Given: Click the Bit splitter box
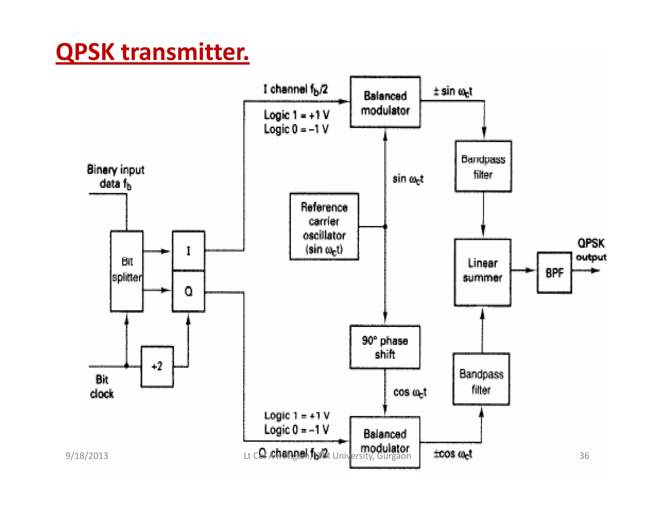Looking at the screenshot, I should click(x=127, y=271).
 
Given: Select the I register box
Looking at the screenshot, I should click(x=188, y=251).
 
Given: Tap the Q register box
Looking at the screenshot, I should click(x=188, y=291).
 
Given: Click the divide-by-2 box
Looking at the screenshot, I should click(x=157, y=367).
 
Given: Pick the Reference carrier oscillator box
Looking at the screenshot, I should click(x=324, y=226).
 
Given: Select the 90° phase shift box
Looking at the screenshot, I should click(x=385, y=347).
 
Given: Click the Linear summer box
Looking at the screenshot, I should click(x=482, y=272).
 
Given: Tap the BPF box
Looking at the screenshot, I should click(x=554, y=273).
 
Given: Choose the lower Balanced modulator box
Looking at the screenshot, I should click(x=385, y=442).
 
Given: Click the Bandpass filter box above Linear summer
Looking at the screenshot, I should click(x=483, y=166).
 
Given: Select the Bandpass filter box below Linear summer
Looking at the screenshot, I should click(x=481, y=379).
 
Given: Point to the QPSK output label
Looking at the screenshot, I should click(x=591, y=250).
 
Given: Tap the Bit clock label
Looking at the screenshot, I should click(x=102, y=387).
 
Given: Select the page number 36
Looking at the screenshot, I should click(x=584, y=455).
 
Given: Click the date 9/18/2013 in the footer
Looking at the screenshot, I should click(x=87, y=455).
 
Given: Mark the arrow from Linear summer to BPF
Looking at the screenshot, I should click(x=524, y=271).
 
